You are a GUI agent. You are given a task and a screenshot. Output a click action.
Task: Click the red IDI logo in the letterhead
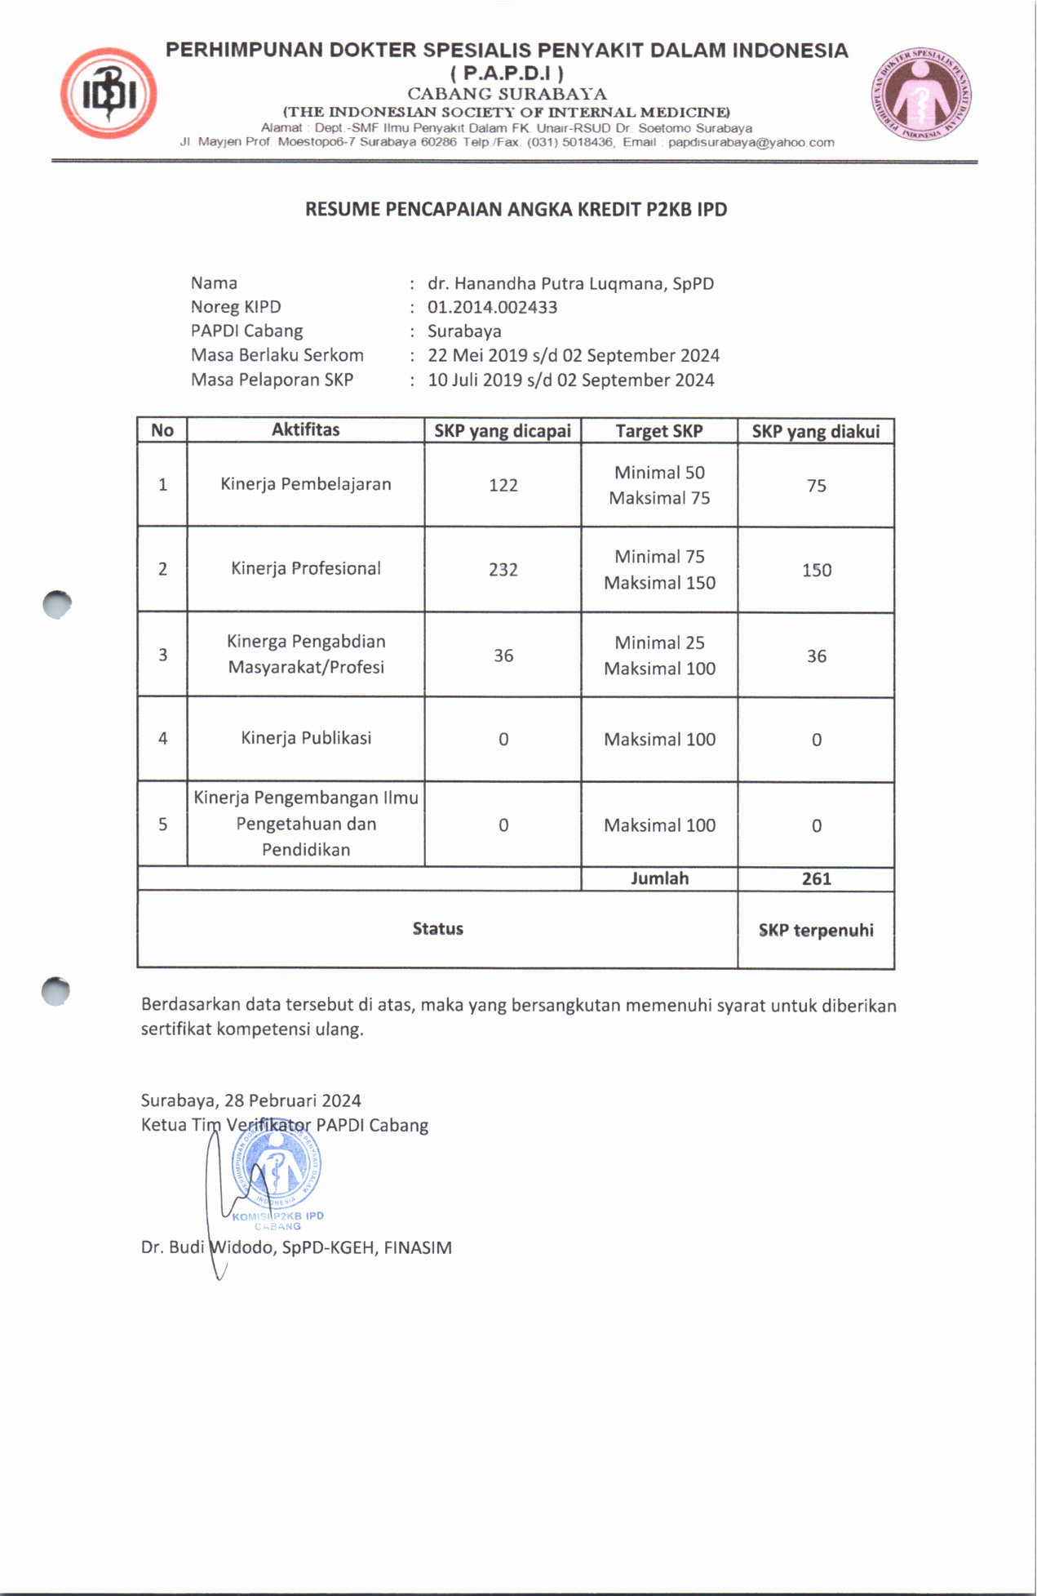pos(109,93)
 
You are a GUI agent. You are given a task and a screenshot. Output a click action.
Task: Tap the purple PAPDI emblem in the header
pos(921,92)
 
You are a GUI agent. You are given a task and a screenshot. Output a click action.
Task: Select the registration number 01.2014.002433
pos(492,308)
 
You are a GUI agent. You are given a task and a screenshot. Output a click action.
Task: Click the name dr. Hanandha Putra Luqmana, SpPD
pos(570,283)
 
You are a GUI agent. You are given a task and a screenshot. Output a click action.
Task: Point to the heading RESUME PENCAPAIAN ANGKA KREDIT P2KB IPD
pos(516,210)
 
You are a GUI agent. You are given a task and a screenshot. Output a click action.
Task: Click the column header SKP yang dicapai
pos(502,431)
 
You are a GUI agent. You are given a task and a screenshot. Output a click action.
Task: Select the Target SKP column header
pos(658,431)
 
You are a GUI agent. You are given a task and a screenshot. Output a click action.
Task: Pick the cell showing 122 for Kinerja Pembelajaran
pos(503,485)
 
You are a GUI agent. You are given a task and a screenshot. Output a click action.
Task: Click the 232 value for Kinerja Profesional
pos(503,570)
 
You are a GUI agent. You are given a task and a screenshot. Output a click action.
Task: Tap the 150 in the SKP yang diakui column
pos(816,571)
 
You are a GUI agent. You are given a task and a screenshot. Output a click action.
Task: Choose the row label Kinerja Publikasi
pos(306,738)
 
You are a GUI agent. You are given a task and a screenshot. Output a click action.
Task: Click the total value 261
pos(816,879)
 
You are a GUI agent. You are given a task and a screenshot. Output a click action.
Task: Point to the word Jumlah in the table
pos(659,878)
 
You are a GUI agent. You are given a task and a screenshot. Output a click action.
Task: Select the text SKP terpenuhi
pos(816,931)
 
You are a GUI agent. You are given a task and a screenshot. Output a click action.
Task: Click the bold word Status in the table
pos(437,929)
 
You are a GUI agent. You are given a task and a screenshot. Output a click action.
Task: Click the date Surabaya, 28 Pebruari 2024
pos(250,1100)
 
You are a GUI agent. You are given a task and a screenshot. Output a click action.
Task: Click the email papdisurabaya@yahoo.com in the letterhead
pos(751,142)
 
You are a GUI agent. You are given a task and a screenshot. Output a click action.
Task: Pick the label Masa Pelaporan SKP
pos(272,380)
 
